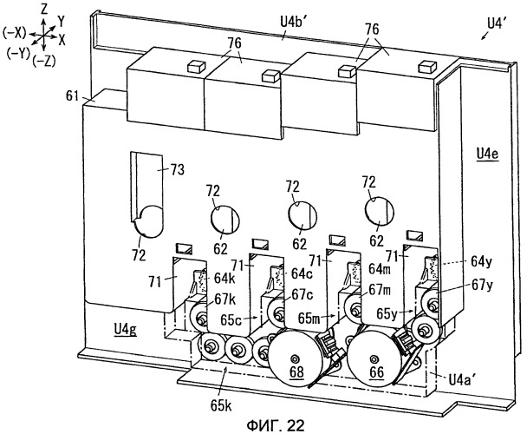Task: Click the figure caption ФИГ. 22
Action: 276,425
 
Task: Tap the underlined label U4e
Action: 487,155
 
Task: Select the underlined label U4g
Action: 125,330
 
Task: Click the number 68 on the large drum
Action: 296,372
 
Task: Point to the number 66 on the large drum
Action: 376,372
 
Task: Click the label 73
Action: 177,169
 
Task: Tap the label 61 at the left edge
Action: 72,96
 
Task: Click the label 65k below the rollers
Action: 221,406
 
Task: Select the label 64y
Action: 481,261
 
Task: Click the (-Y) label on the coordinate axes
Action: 18,54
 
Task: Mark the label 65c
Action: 231,319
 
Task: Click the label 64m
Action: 380,269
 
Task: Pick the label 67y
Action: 482,286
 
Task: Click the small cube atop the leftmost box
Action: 195,66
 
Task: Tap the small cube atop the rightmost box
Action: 426,66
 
